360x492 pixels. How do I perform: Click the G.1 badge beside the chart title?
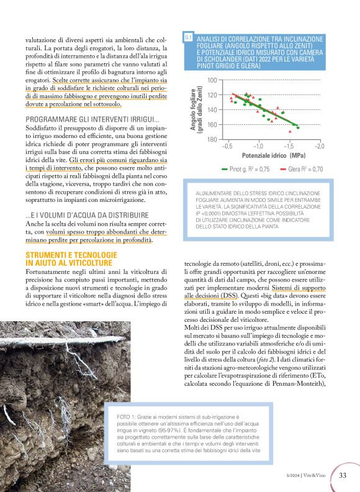[x=187, y=39]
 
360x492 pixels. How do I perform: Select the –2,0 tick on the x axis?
[x=318, y=146]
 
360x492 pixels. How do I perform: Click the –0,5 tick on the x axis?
[x=227, y=146]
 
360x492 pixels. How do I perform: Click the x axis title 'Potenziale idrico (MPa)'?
[x=273, y=155]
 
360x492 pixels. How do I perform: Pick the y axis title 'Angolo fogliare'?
[x=193, y=110]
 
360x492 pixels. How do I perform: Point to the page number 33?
[x=343, y=476]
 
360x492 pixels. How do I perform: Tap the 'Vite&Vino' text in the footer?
[x=321, y=476]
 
